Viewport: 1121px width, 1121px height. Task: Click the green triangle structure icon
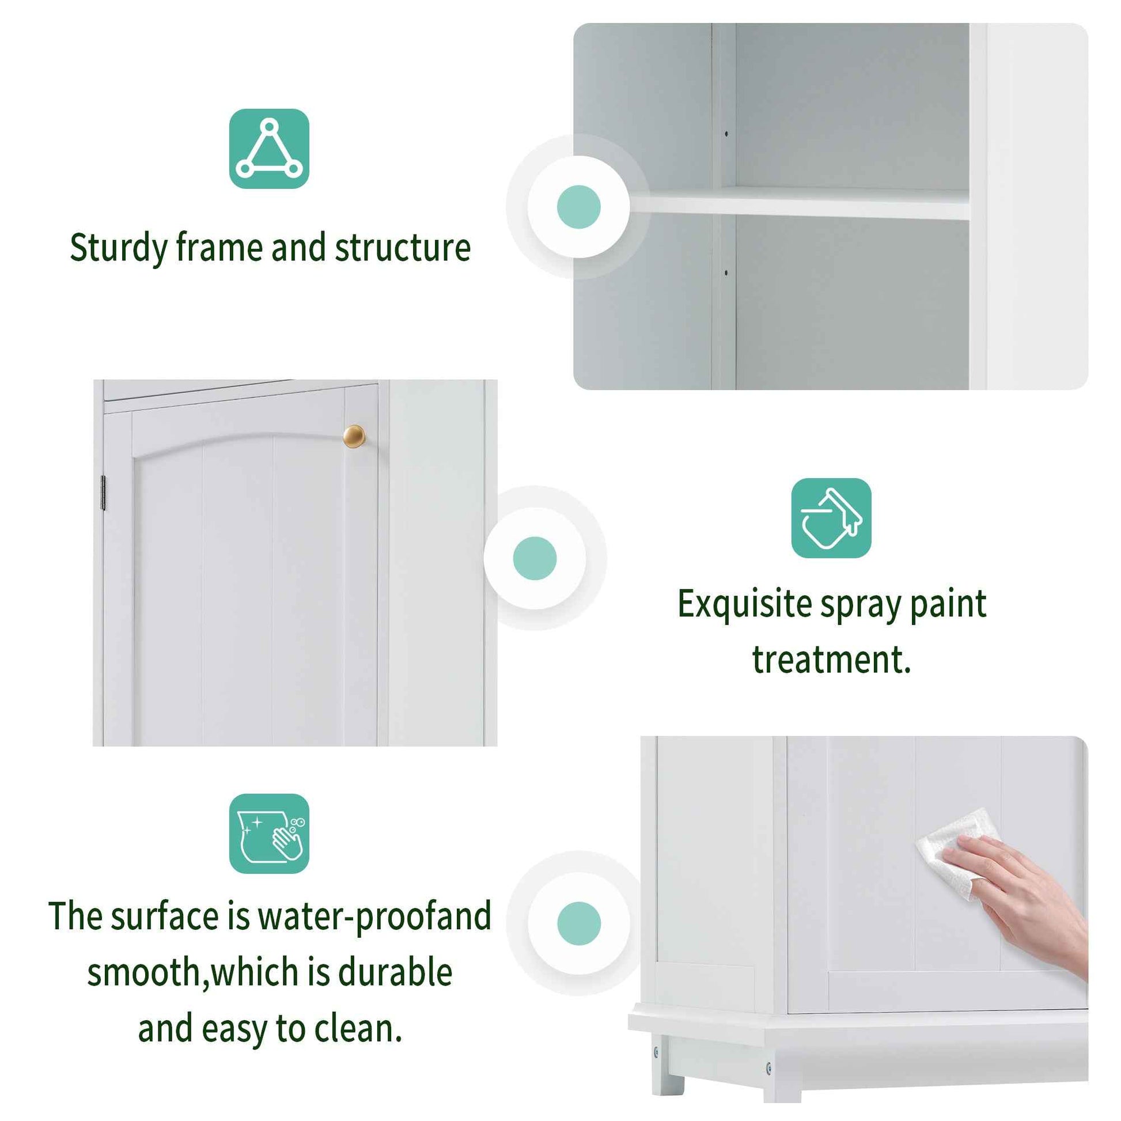point(268,149)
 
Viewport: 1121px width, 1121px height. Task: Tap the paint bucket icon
point(831,517)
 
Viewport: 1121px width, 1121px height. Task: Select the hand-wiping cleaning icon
point(268,833)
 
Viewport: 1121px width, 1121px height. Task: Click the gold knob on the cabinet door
point(354,436)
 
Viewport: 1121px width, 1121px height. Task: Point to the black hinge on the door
point(103,493)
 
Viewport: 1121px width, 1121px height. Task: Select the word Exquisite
point(744,605)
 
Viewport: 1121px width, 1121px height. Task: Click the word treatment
point(831,660)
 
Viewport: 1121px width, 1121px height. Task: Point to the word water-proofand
point(374,917)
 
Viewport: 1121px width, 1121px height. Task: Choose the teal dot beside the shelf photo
point(578,207)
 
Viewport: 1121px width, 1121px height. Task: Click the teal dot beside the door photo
point(535,558)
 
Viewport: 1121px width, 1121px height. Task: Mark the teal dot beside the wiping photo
point(578,923)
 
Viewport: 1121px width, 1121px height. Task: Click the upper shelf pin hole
point(726,134)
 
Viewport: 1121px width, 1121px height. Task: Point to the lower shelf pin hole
point(726,271)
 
